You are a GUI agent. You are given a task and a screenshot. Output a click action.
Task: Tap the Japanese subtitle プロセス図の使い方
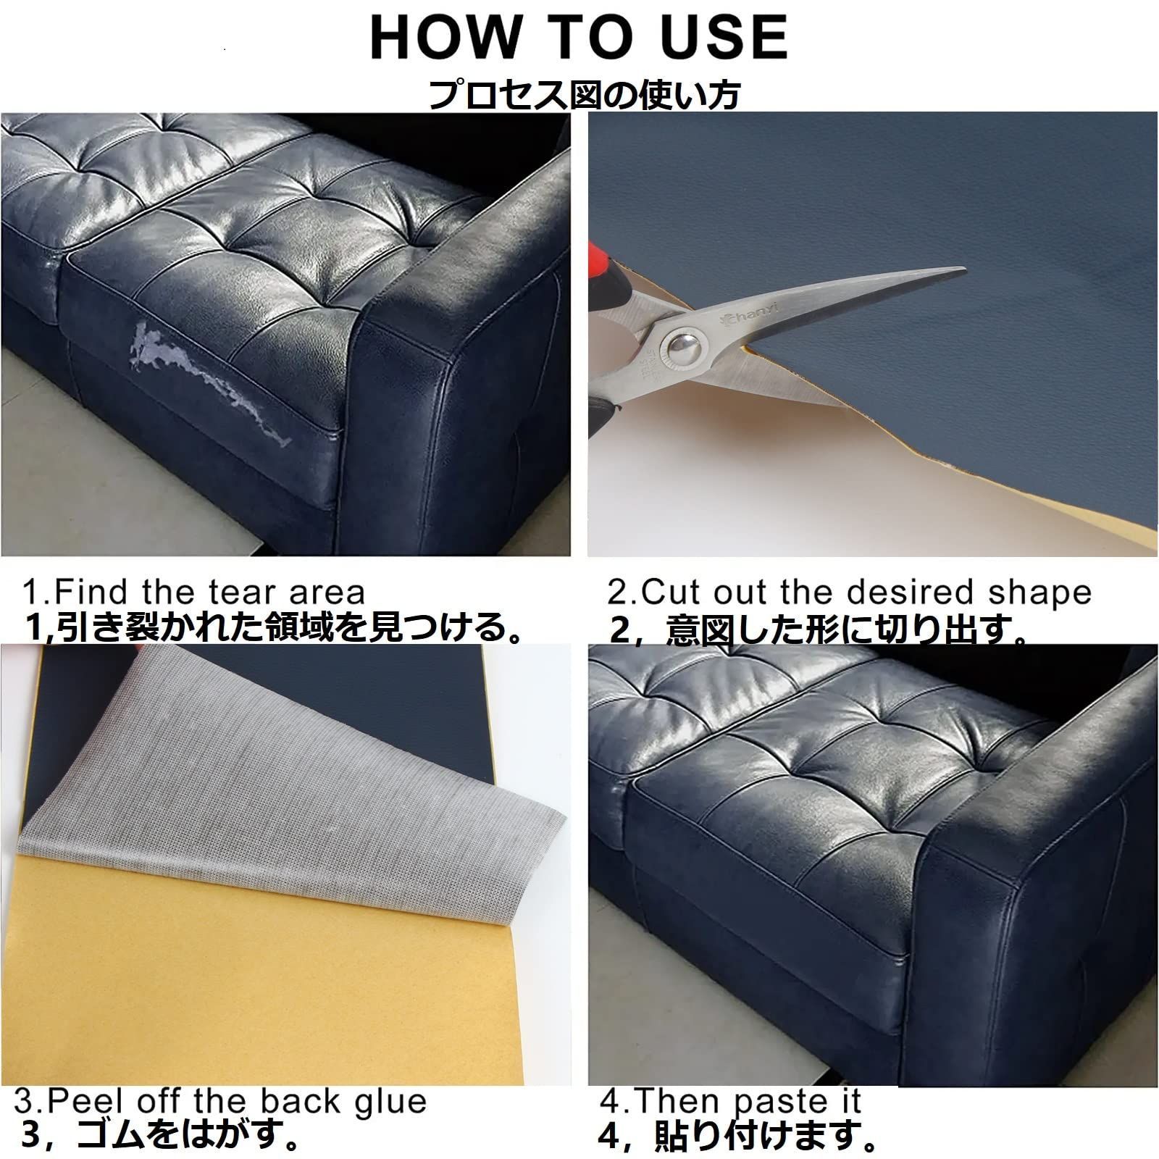point(584,93)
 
